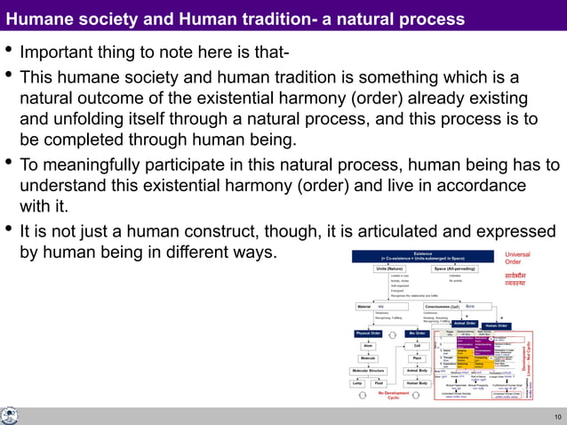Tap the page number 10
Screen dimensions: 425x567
pyautogui.click(x=556, y=416)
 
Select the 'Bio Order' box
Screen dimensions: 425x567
pyautogui.click(x=418, y=333)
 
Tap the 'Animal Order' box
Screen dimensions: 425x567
pyautogui.click(x=466, y=324)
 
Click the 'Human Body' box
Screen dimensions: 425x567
pyautogui.click(x=418, y=383)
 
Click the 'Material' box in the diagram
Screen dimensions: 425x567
pyautogui.click(x=363, y=306)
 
